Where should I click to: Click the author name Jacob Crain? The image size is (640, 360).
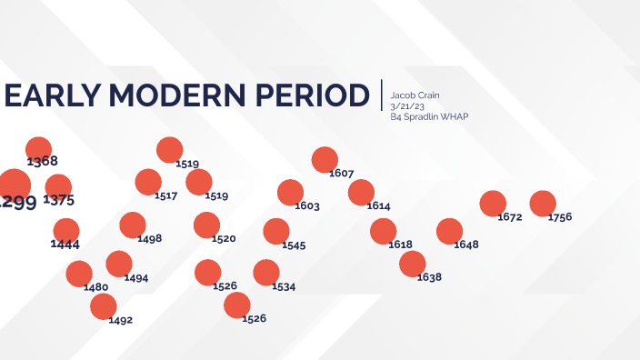click(415, 95)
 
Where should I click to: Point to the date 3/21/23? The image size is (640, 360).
click(405, 105)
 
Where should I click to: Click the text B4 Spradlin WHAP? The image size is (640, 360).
click(429, 116)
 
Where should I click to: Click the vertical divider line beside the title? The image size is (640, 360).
click(382, 95)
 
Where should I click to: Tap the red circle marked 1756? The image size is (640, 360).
click(543, 204)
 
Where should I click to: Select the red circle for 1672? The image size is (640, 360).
click(493, 204)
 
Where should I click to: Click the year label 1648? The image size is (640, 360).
click(465, 245)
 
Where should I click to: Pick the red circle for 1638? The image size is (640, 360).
click(412, 264)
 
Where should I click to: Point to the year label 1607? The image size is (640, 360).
click(342, 173)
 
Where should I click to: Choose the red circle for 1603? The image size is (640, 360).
click(290, 192)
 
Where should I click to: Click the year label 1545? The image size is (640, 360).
click(294, 245)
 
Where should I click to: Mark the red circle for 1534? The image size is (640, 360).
click(266, 272)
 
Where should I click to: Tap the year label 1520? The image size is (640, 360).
click(224, 238)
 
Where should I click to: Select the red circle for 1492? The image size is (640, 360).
click(104, 306)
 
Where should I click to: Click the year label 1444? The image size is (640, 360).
click(65, 245)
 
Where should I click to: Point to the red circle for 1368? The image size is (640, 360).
click(39, 149)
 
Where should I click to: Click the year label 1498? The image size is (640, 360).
click(150, 238)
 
